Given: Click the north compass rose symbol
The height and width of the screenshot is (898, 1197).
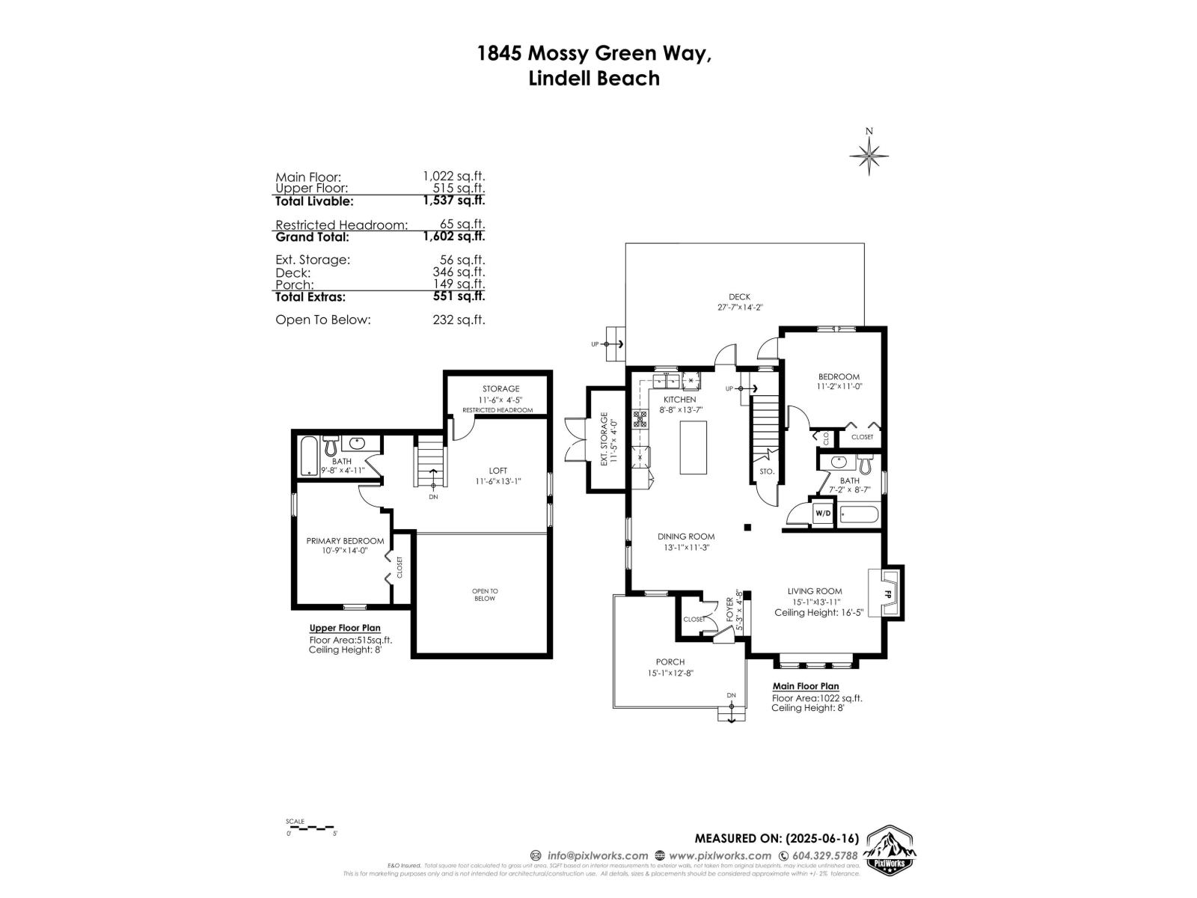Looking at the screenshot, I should [x=869, y=156].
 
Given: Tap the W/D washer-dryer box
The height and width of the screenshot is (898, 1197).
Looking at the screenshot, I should [x=823, y=513].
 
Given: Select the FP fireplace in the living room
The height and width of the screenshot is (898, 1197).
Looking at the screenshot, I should [x=887, y=593].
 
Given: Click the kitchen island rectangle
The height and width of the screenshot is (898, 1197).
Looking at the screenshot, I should [x=693, y=447].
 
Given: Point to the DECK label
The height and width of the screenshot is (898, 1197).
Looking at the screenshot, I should [x=739, y=297].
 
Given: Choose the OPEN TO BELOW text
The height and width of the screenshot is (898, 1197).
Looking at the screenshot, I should [x=485, y=595].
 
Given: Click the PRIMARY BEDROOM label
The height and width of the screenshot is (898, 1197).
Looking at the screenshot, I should [x=345, y=541].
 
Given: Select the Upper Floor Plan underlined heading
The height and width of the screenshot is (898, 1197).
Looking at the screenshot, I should [x=345, y=629].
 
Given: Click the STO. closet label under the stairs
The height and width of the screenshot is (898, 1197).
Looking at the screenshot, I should [x=766, y=472].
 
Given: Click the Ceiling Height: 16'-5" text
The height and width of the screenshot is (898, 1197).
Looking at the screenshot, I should [x=818, y=612].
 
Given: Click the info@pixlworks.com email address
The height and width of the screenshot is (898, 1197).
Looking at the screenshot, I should [x=597, y=855].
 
